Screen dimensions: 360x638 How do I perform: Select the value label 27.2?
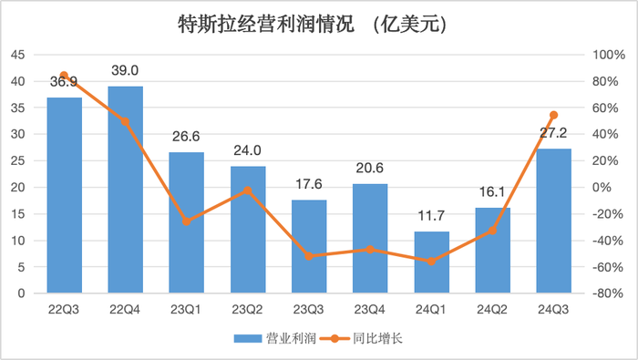pyautogui.click(x=553, y=133)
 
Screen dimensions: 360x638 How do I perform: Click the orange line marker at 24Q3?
pyautogui.click(x=553, y=115)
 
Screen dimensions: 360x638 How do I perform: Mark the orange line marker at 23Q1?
pyautogui.click(x=186, y=221)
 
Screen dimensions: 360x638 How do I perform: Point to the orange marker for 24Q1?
pyautogui.click(x=431, y=262)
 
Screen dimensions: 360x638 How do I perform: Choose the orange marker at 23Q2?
pyautogui.click(x=247, y=190)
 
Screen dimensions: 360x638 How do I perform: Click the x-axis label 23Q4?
pyautogui.click(x=370, y=308)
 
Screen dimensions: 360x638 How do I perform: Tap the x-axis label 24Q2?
pyautogui.click(x=492, y=308)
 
